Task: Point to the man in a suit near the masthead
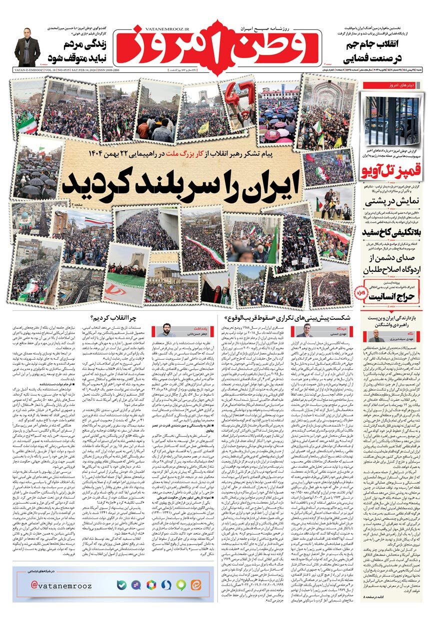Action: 27,46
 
